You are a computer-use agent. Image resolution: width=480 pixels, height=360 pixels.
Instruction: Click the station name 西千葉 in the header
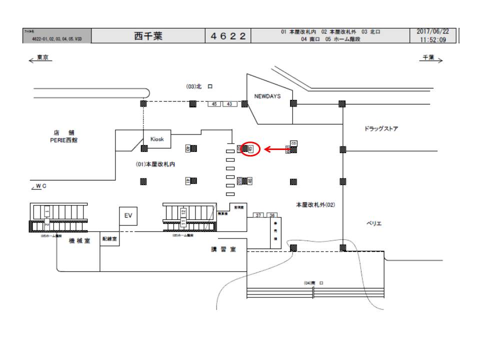(148, 36)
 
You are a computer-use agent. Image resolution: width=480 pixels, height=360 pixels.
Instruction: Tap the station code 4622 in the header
(227, 36)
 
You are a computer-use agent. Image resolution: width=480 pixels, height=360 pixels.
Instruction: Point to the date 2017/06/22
(432, 31)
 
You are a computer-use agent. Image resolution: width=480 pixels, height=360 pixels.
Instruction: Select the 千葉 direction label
(428, 58)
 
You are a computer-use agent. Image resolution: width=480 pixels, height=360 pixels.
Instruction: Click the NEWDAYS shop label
(267, 96)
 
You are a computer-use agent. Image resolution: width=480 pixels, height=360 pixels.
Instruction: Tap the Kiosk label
(157, 139)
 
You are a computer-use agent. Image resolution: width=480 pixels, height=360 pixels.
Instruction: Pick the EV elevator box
(127, 215)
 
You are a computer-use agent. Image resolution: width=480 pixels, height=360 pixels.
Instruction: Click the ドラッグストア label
(381, 128)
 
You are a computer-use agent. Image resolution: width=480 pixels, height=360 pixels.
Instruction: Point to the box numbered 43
(229, 104)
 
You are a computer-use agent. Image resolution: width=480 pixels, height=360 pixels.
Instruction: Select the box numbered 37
(258, 215)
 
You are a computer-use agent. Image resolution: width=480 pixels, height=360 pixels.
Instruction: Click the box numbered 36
(271, 215)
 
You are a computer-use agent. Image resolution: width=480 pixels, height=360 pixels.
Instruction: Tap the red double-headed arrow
(278, 149)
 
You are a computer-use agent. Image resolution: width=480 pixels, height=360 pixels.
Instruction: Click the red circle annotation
(250, 148)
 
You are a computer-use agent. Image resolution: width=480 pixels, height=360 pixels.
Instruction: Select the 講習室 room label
(223, 249)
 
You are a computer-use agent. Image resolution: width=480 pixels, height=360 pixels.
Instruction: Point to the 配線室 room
(109, 239)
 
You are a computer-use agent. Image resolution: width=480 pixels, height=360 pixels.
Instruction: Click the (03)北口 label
(199, 86)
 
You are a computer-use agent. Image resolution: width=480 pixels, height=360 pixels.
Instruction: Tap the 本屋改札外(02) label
(315, 204)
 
